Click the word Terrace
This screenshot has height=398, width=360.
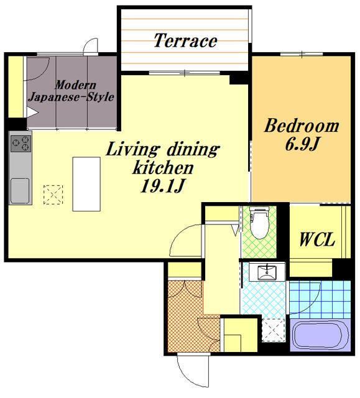click(185, 40)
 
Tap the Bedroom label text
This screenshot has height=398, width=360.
click(302, 126)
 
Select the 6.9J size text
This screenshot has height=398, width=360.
click(302, 144)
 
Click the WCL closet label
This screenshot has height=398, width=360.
click(317, 239)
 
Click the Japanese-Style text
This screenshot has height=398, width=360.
click(71, 97)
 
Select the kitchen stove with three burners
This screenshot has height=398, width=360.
click(21, 144)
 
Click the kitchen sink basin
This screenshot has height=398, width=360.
click(20, 191)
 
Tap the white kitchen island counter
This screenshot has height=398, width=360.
click(86, 184)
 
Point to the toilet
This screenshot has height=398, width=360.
click(259, 223)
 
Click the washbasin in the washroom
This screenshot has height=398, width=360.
click(267, 272)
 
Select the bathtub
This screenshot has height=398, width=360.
click(320, 335)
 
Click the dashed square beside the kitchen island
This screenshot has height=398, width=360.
click(53, 195)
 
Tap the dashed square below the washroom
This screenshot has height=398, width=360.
click(273, 330)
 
